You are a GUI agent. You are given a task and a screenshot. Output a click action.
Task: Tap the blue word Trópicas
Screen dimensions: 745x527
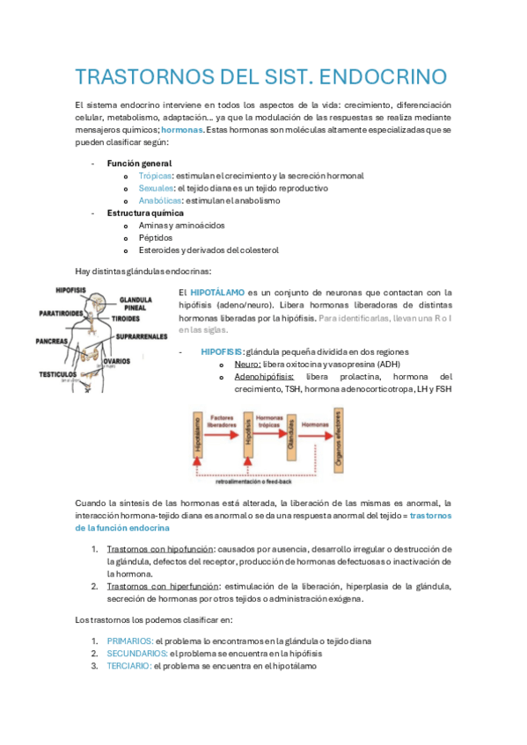point(155,176)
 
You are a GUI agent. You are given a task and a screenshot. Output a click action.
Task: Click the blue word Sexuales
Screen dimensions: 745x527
point(156,188)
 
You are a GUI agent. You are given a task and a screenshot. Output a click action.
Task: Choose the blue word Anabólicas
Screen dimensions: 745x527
point(159,200)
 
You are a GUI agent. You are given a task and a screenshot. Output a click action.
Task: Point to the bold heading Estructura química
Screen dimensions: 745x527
point(145,213)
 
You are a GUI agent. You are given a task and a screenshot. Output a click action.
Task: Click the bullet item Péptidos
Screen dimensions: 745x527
point(156,237)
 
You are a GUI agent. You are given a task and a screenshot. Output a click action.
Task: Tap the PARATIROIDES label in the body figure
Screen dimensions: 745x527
point(59,312)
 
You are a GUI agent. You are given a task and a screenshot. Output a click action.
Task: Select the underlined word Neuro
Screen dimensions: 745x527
point(246,364)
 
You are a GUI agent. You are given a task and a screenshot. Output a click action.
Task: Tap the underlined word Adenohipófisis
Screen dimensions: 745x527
point(263,376)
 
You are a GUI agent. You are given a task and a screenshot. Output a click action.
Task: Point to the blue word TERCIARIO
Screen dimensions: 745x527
point(128,666)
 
